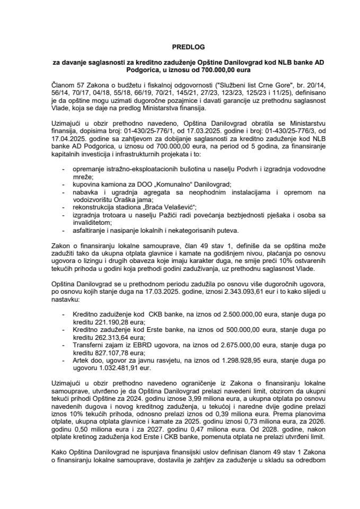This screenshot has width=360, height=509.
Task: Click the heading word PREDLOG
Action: pos(180,46)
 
